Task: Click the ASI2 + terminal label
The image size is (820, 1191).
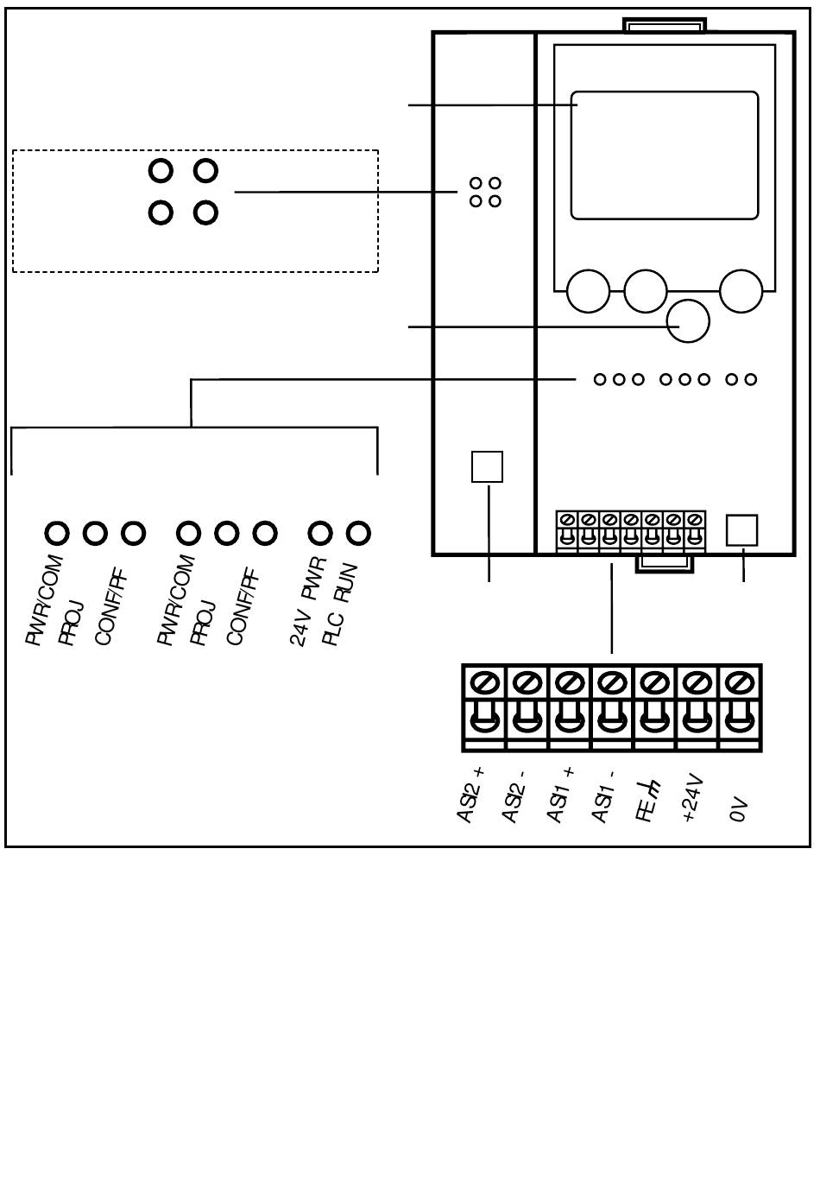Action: pyautogui.click(x=470, y=795)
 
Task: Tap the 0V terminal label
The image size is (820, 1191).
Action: pyautogui.click(x=739, y=809)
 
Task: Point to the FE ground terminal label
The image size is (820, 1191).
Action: pyautogui.click(x=647, y=801)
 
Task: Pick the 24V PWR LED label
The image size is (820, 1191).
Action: pyautogui.click(x=307, y=601)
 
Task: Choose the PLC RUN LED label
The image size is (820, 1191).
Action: pyautogui.click(x=340, y=605)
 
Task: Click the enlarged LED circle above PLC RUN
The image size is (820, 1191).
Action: pyautogui.click(x=358, y=533)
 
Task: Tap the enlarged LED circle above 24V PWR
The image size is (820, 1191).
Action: pyautogui.click(x=320, y=533)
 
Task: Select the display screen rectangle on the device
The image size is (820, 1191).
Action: pyautogui.click(x=665, y=155)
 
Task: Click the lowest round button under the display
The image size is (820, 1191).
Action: pyautogui.click(x=688, y=321)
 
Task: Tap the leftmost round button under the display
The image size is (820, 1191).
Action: pyautogui.click(x=589, y=291)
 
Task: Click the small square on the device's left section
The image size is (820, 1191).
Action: pyautogui.click(x=487, y=467)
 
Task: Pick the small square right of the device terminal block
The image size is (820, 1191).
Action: pyautogui.click(x=741, y=530)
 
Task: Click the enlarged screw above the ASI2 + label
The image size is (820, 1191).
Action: pyautogui.click(x=484, y=682)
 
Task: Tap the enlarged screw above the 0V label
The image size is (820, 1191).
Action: pyautogui.click(x=739, y=682)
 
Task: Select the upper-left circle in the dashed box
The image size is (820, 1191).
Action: pyautogui.click(x=161, y=171)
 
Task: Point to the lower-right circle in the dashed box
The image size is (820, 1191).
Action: pyautogui.click(x=205, y=212)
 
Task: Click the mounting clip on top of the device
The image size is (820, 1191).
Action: pyautogui.click(x=665, y=25)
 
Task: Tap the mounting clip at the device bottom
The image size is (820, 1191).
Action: pyautogui.click(x=665, y=564)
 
